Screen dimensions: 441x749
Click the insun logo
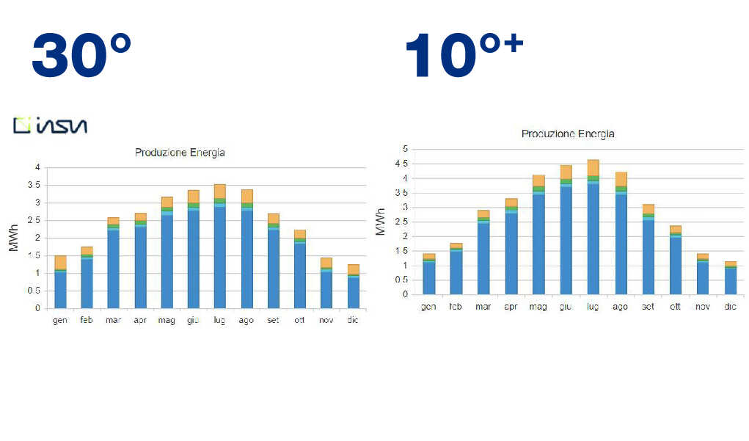(x=50, y=125)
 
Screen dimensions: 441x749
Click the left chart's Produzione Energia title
(x=180, y=153)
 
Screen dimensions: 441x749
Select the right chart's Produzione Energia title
(x=568, y=134)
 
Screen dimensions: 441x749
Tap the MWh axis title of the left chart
(x=13, y=238)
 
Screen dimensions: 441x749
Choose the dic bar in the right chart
(x=730, y=278)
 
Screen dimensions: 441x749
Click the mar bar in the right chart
(x=483, y=252)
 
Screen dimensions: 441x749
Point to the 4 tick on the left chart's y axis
(x=37, y=167)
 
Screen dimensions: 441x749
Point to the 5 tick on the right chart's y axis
(x=404, y=149)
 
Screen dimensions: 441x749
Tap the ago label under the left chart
(x=246, y=321)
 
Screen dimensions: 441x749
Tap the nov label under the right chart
(x=703, y=306)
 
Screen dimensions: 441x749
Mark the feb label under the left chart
(x=87, y=321)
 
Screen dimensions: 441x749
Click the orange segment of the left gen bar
(x=60, y=262)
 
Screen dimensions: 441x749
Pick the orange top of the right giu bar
(x=566, y=172)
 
